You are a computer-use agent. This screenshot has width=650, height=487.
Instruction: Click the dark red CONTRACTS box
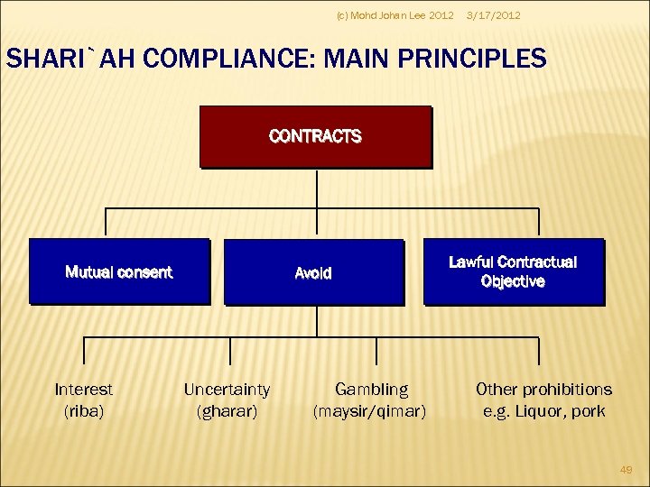pyautogui.click(x=315, y=137)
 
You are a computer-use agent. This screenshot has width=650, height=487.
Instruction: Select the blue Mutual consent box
pyautogui.click(x=118, y=271)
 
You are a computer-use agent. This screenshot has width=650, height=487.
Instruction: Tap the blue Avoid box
pyautogui.click(x=313, y=272)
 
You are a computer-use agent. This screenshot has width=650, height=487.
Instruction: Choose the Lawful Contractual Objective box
pyautogui.click(x=513, y=271)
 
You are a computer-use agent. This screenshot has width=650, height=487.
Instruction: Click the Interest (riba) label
pyautogui.click(x=84, y=400)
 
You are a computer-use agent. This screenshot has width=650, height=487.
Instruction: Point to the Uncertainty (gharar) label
pyautogui.click(x=227, y=400)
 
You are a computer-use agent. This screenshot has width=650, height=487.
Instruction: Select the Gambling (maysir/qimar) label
pyautogui.click(x=371, y=400)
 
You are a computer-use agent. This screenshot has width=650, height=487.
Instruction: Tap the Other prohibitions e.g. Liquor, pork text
pyautogui.click(x=543, y=400)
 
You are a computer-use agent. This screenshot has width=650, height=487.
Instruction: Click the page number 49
pyautogui.click(x=626, y=469)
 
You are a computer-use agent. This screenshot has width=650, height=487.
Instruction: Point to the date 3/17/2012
pyautogui.click(x=492, y=15)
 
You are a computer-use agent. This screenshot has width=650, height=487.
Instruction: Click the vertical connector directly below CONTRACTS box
pyautogui.click(x=317, y=188)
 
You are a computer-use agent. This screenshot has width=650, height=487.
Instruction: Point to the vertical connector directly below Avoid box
pyautogui.click(x=317, y=321)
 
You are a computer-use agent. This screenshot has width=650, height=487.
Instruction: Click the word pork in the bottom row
pyautogui.click(x=587, y=411)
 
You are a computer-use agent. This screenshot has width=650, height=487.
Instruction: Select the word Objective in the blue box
pyautogui.click(x=513, y=281)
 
